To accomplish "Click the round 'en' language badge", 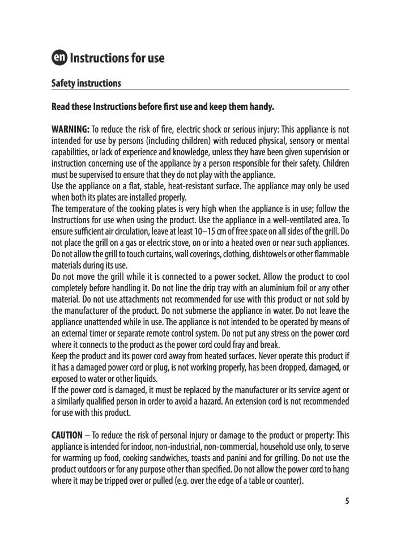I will [59, 58].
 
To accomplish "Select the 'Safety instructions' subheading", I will [86, 83].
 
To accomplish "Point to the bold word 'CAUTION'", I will [67, 436].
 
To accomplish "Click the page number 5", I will [347, 501].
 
